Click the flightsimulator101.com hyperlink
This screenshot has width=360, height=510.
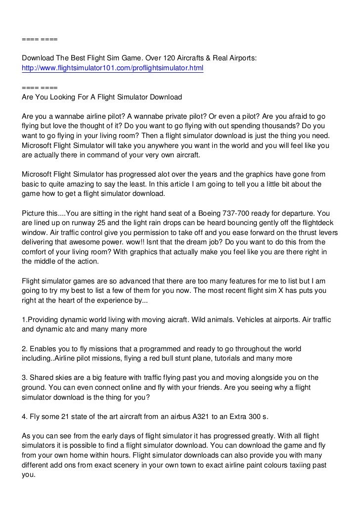(x=112, y=67)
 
